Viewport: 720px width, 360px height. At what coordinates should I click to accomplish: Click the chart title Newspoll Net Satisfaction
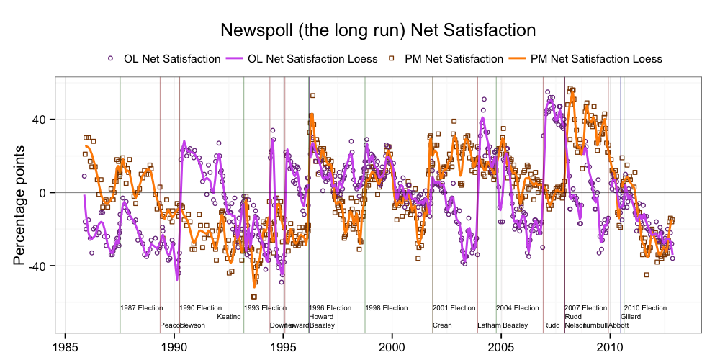coord(378,30)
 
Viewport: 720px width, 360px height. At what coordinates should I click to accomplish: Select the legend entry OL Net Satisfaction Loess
coord(312,58)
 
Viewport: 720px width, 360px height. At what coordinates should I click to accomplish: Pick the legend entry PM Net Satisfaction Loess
coord(595,58)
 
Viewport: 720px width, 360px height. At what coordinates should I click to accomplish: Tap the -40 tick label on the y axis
coord(40,266)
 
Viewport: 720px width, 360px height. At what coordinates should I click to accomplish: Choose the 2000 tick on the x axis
coord(392,345)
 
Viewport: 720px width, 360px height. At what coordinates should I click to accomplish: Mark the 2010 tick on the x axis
coord(611,345)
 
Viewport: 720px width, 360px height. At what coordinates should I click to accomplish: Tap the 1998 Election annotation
coord(387,308)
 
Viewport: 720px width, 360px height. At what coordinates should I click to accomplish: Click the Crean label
coord(442,325)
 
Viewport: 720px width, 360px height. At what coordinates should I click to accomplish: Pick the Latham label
coord(489,325)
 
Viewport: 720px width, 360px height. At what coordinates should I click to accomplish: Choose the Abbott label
coord(618,325)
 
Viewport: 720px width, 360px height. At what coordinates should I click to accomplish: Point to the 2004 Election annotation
coord(518,308)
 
